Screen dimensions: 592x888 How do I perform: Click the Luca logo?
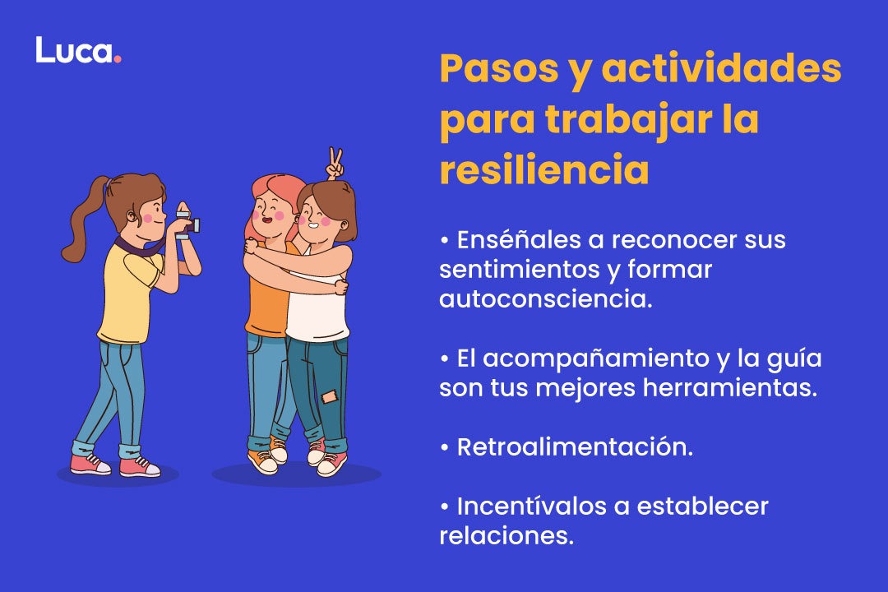click(77, 50)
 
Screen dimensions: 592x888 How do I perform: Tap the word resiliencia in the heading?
click(543, 170)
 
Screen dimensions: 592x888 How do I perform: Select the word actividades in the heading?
click(721, 70)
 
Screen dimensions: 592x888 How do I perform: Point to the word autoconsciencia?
click(545, 298)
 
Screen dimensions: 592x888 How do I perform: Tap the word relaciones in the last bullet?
click(505, 535)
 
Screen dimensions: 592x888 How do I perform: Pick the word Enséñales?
click(511, 240)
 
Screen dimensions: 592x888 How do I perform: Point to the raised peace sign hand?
click(334, 164)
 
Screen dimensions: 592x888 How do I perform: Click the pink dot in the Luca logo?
click(118, 58)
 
